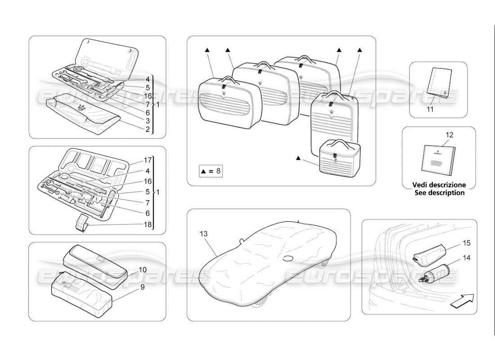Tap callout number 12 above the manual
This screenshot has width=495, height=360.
[x=450, y=135]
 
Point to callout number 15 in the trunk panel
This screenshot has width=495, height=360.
[x=467, y=243]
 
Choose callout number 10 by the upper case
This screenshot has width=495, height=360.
[x=142, y=270]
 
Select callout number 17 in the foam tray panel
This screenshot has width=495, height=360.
[x=147, y=160]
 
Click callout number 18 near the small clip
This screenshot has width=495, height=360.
[x=147, y=223]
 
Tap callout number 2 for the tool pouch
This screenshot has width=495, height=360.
[x=147, y=129]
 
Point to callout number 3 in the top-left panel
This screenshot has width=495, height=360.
[x=147, y=121]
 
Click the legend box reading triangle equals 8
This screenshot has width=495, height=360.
[x=210, y=171]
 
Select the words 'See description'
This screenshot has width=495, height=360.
[x=439, y=193]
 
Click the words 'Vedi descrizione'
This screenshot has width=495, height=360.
[x=439, y=185]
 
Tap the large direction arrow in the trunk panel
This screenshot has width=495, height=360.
[x=462, y=299]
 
